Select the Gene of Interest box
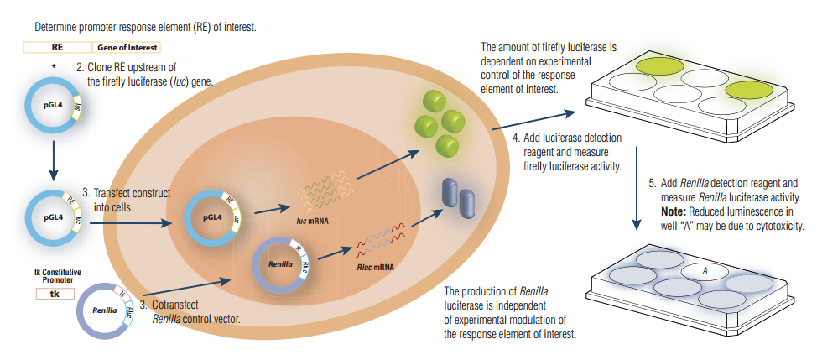pyautogui.click(x=126, y=49)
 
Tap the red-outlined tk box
pyautogui.click(x=55, y=294)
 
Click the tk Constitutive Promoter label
pyautogui.click(x=55, y=276)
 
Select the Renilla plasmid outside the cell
pyautogui.click(x=106, y=310)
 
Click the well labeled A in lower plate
pyautogui.click(x=705, y=271)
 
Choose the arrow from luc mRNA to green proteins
pyautogui.click(x=388, y=164)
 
